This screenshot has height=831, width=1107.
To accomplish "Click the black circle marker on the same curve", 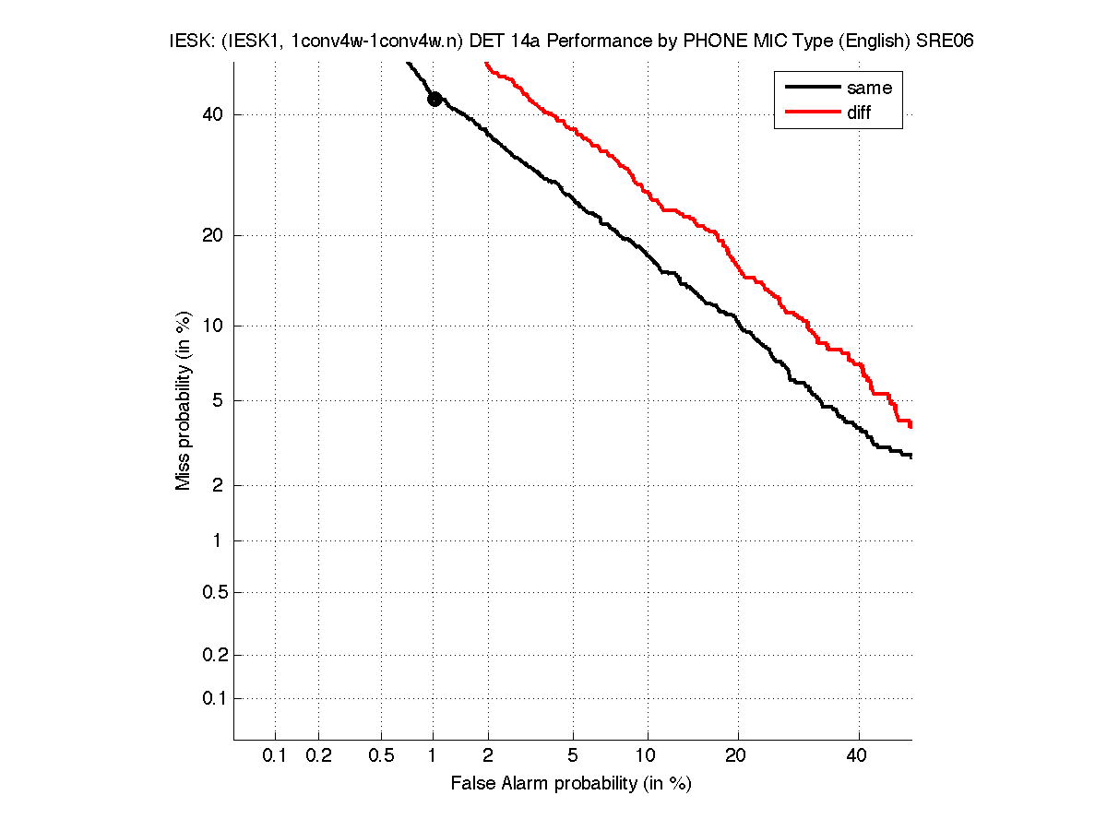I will point(434,100).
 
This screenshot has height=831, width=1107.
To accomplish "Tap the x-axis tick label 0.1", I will point(275,756).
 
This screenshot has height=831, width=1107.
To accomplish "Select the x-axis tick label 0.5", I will point(381,756).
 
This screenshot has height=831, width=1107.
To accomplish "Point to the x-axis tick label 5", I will point(573,756).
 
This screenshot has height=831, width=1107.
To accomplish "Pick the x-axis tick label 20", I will point(735,756).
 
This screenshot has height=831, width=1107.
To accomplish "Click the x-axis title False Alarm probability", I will point(570,784).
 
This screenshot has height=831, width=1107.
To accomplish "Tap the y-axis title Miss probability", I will point(184,401).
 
